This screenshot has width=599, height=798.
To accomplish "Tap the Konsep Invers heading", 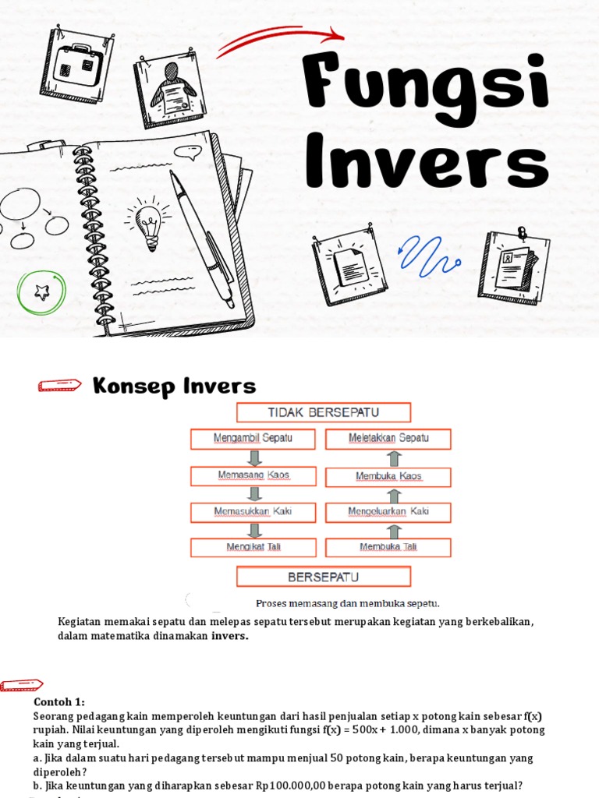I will [174, 386].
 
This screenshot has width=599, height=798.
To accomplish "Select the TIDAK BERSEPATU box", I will [323, 412].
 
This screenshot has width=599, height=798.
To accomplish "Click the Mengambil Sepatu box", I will [253, 439].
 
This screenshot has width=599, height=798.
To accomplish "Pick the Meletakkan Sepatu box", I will [388, 439].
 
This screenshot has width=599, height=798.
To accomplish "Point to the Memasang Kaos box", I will [253, 475].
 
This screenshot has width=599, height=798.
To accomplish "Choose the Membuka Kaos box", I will [388, 476].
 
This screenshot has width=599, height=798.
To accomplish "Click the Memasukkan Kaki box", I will [253, 512].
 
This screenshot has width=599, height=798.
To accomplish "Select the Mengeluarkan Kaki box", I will [388, 512].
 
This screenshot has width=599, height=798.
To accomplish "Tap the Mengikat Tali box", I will [253, 547].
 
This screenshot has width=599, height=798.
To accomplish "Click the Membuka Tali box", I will [388, 547].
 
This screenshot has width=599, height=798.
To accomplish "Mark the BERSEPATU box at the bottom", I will [323, 577].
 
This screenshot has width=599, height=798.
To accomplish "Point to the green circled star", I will [41, 291].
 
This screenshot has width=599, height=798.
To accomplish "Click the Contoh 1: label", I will [59, 701].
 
